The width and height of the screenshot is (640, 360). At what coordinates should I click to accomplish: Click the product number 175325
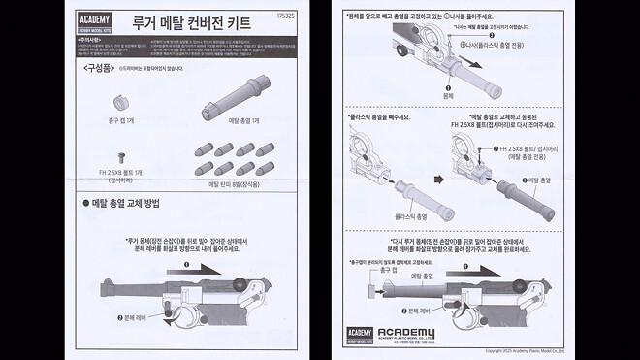click(286, 14)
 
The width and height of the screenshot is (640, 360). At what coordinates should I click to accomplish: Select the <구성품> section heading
click(93, 68)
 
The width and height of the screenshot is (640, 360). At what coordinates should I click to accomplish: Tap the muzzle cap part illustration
click(122, 102)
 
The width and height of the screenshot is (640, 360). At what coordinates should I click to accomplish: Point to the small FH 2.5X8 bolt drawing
click(121, 154)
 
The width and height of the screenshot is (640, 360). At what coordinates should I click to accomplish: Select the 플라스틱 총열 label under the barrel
click(413, 215)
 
